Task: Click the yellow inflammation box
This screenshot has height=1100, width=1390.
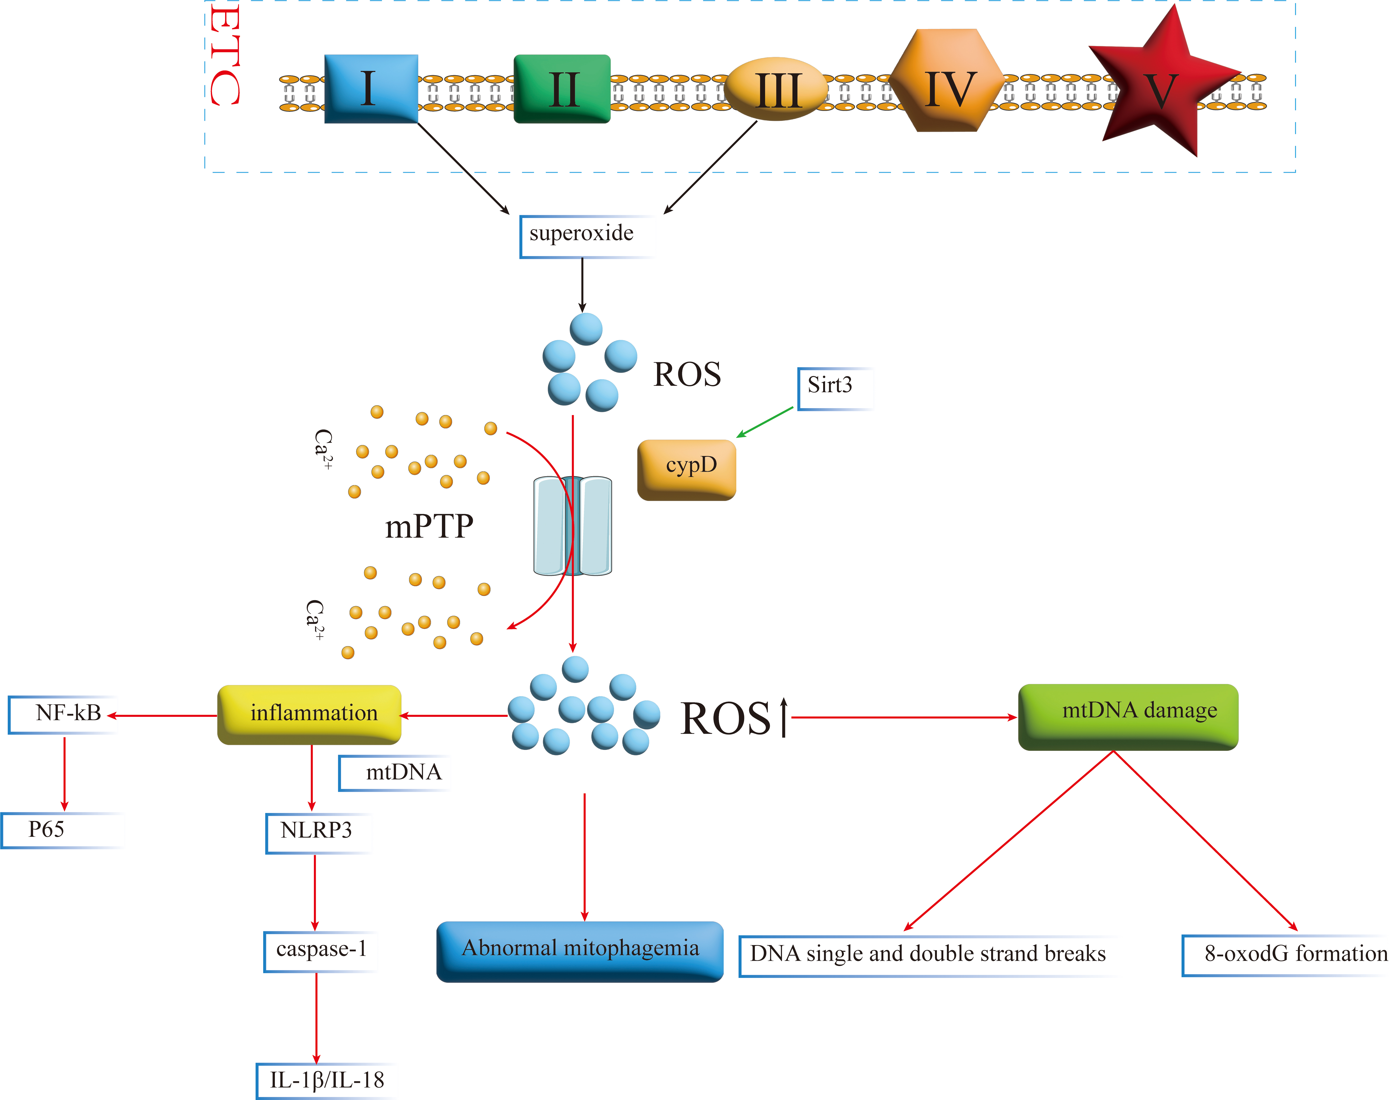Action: [x=310, y=714]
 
